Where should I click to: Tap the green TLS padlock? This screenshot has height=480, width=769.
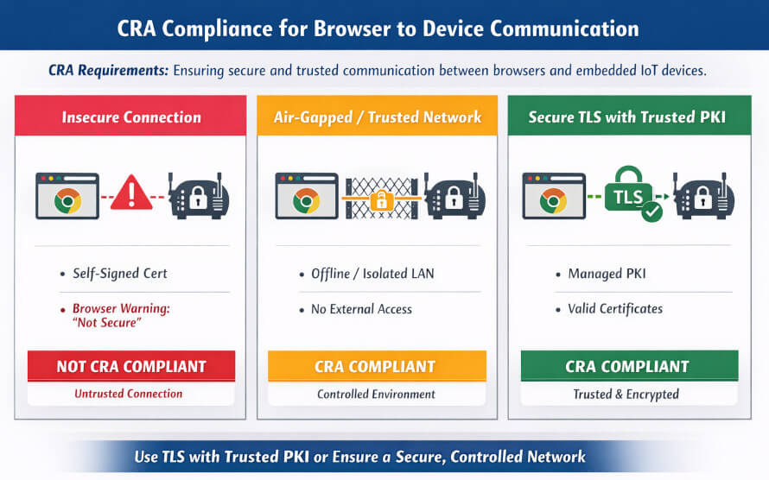click(628, 193)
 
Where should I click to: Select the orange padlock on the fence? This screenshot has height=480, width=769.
click(378, 201)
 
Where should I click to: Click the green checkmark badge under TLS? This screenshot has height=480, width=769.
click(651, 212)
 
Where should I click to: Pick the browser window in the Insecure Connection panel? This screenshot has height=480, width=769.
click(67, 196)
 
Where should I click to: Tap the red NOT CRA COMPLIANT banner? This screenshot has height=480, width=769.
click(131, 366)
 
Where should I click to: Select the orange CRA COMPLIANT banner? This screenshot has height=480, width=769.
click(376, 366)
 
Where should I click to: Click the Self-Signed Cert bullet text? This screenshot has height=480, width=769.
click(119, 274)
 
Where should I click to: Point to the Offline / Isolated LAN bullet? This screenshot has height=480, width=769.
click(372, 274)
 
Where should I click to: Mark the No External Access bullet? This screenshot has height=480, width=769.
click(361, 309)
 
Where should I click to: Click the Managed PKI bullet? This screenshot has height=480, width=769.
click(607, 274)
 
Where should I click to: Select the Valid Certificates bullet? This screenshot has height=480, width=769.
click(614, 309)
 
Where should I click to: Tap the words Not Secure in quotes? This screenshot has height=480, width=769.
click(108, 323)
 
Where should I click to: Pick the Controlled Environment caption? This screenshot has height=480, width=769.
click(376, 394)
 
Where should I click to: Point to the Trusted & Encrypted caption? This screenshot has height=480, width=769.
click(626, 395)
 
